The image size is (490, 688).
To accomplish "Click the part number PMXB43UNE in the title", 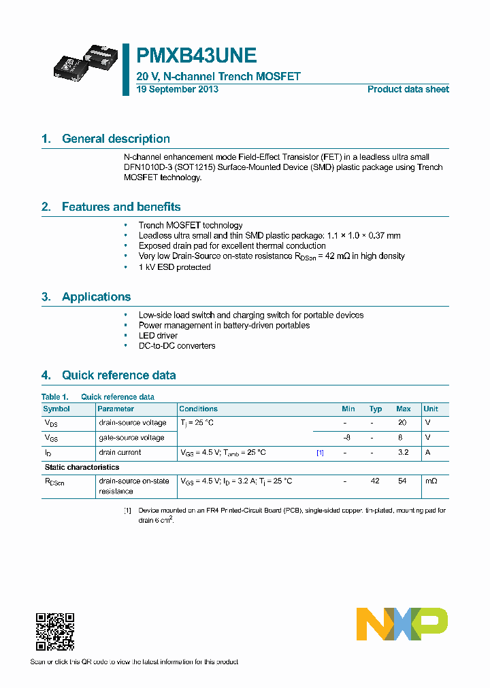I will click(197, 55).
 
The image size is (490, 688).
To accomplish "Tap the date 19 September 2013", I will click(177, 90).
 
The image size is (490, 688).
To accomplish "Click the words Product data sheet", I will click(408, 90).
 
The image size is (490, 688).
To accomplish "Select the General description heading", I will click(116, 139).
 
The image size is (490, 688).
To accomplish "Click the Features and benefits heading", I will click(121, 207).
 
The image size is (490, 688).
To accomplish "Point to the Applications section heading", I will click(96, 297).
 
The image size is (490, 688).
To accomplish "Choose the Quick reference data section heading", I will click(118, 375).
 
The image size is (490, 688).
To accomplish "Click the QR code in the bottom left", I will click(54, 632).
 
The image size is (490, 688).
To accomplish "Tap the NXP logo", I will click(402, 624).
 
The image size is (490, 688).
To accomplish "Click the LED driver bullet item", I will click(158, 336).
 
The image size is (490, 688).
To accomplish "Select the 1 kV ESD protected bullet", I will click(174, 267).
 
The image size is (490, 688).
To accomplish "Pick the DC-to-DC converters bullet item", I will click(177, 346).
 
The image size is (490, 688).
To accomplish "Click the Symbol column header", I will click(56, 409).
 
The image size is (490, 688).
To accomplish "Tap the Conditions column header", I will click(199, 409).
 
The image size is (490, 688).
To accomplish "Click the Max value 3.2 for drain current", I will click(403, 453).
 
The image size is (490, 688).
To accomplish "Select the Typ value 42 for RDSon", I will click(375, 481).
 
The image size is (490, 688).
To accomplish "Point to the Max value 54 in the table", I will click(403, 481).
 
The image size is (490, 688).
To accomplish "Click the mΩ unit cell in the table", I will click(431, 481).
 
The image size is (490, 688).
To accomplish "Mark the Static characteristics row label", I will click(82, 467).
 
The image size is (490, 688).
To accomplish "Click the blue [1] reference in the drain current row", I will click(320, 453).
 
